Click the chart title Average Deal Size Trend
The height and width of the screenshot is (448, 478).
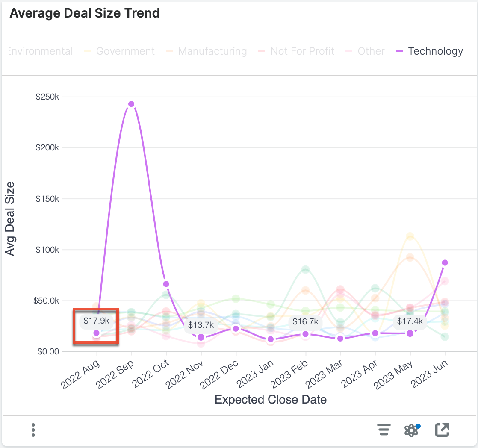pos(85,13)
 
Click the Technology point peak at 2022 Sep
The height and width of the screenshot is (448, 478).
pos(131,104)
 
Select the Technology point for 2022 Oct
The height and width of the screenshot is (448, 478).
pos(166,284)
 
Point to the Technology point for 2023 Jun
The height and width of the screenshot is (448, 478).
pos(445,262)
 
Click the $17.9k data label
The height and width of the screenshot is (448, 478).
pos(96,321)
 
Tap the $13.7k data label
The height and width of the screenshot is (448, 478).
pos(201,325)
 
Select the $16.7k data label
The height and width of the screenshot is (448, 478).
pos(305,321)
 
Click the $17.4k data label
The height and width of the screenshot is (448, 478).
pos(410,321)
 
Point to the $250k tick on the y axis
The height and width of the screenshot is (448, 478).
pos(47,97)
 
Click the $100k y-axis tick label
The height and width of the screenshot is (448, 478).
pos(47,250)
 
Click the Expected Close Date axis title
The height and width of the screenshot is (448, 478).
pos(271,400)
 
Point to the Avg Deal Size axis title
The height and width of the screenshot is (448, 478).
pos(10,218)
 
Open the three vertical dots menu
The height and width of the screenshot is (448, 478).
pos(33,430)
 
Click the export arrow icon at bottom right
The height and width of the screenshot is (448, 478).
pos(442,430)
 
